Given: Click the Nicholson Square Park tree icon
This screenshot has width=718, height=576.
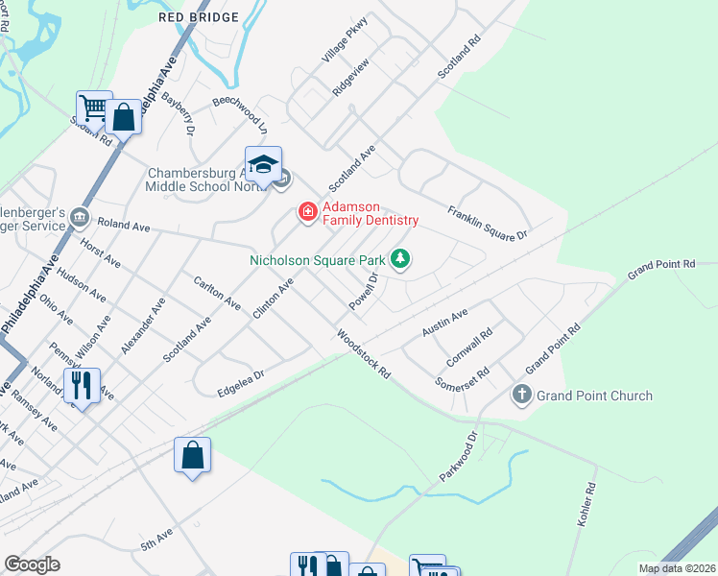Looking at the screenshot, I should pos(400,259).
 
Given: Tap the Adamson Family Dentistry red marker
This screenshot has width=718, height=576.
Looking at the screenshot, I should pos(308,211).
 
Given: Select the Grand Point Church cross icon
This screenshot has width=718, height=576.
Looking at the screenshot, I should pos(522,395).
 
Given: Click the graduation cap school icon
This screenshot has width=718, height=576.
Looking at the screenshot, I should pos(262,164).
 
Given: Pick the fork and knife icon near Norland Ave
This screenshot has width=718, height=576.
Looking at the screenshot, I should pos(82,386).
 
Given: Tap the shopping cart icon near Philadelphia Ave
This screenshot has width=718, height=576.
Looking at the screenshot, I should pos(93,107).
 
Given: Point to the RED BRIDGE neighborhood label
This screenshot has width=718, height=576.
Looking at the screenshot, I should pos(200,16).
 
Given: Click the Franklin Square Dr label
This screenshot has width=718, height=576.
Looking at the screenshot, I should pos(488,223).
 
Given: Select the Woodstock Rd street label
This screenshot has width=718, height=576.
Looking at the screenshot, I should pos(363,353).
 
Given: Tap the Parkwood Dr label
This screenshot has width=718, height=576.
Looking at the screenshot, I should pos(458,457).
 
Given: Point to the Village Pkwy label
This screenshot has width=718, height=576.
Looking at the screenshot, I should pos(345,44).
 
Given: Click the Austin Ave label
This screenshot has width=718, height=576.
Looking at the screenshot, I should pos(444,324).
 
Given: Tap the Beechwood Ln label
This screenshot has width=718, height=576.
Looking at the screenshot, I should pos(239,113).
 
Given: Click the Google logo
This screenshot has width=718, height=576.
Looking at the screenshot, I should pos(32,564).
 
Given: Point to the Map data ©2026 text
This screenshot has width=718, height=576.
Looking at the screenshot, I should pos(677,568).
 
